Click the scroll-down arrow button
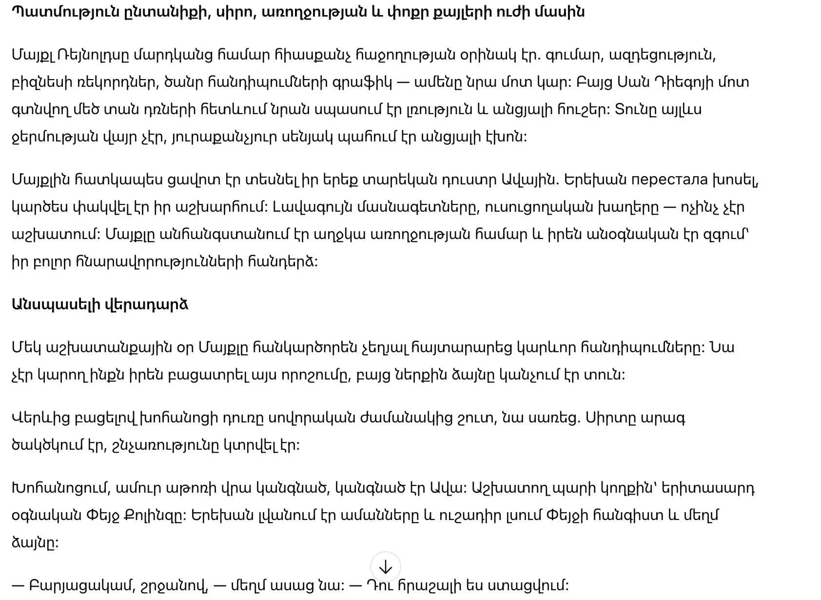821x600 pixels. point(385,567)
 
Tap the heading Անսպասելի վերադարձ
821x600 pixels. point(100,304)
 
